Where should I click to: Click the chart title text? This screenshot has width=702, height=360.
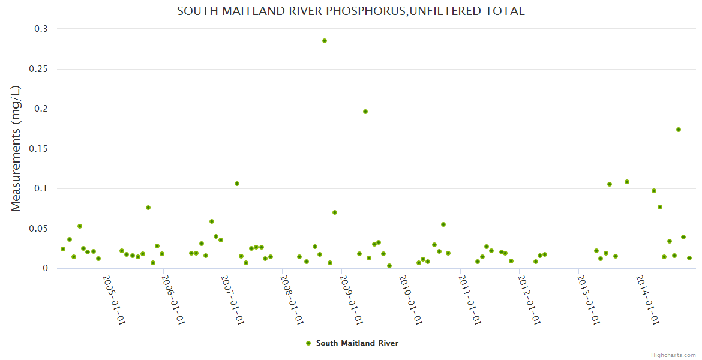(x=351, y=11)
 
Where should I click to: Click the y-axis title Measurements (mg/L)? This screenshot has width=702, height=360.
(x=16, y=148)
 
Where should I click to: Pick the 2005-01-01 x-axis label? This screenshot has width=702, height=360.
(x=114, y=300)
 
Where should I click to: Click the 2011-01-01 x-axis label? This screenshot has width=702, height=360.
(x=470, y=300)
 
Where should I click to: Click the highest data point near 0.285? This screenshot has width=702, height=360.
(x=325, y=41)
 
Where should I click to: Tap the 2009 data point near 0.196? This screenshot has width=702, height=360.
(x=365, y=112)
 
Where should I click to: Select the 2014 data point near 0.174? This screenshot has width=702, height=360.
(x=679, y=130)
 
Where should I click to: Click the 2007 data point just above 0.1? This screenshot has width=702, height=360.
(x=237, y=184)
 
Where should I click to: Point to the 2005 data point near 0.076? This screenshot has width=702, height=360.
(x=148, y=208)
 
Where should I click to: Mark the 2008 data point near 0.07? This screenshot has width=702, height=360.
(x=335, y=212)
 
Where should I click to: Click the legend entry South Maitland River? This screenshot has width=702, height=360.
(x=357, y=343)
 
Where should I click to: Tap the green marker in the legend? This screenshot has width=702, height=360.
(x=308, y=343)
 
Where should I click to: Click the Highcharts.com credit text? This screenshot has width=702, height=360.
(x=673, y=355)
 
